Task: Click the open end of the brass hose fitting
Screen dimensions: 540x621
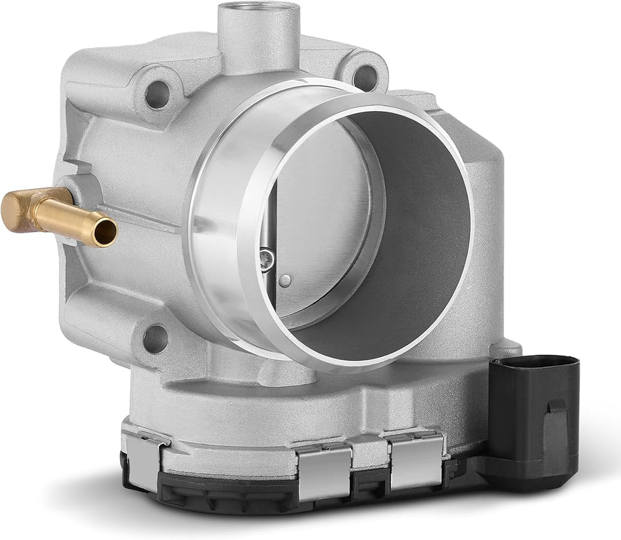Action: pyautogui.click(x=105, y=232)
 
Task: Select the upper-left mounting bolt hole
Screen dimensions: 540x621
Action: pyautogui.click(x=157, y=95)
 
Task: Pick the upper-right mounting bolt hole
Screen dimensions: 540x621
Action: pyautogui.click(x=365, y=78)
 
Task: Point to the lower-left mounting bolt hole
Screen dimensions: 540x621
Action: pyautogui.click(x=155, y=338)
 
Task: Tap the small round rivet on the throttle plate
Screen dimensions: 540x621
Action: pyautogui.click(x=284, y=280)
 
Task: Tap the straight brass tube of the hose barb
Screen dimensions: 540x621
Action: pyautogui.click(x=72, y=219)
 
